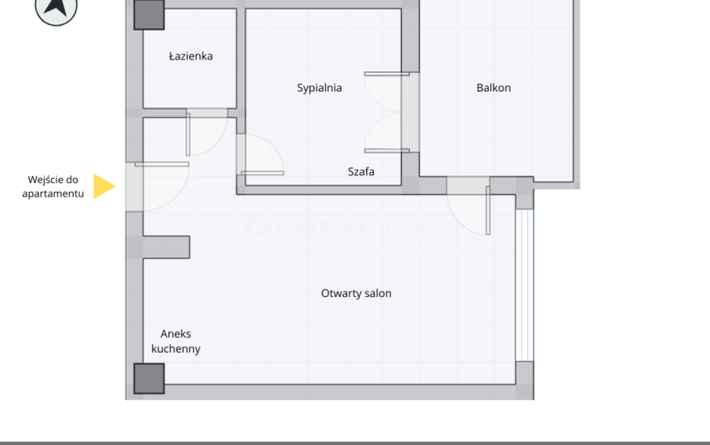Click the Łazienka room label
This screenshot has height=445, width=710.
point(191,56)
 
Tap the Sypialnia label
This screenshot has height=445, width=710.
point(319,88)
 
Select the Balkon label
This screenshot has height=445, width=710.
point(494,88)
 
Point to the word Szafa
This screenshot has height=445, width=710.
point(361,172)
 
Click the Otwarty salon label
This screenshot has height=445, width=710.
point(357,294)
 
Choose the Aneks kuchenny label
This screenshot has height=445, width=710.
point(175,341)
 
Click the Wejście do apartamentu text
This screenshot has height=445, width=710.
point(53,187)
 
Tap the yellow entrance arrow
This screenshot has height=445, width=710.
point(104,186)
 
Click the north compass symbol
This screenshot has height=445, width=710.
point(56,9)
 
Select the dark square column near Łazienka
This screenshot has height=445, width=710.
point(149,15)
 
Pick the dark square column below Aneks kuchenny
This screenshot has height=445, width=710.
point(149,378)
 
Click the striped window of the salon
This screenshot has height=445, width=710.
point(524,285)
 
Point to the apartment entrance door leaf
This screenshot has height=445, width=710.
point(162,164)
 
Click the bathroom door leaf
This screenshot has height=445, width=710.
point(188,134)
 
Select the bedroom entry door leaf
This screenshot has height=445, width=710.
point(263,173)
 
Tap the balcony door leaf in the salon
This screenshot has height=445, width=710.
point(488,211)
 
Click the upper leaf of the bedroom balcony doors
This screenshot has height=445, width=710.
point(387,74)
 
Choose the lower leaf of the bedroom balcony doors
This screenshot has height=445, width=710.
point(387,151)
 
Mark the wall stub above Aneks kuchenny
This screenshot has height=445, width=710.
point(166,247)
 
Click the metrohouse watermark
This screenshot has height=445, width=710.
point(350,226)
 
